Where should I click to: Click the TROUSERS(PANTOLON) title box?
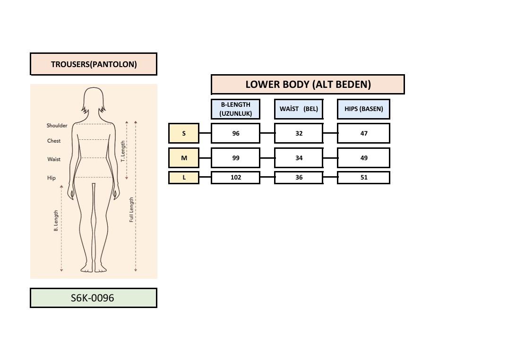pos(94,64)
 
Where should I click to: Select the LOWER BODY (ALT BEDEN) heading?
pos(308,85)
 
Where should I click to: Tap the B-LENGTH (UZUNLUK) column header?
pos(235,109)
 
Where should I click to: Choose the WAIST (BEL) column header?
pos(299,109)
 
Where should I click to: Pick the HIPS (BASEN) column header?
pos(363,109)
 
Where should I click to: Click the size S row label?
pos(184,133)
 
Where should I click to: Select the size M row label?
pos(184,158)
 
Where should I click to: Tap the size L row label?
pos(184,178)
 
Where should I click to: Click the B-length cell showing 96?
pos(235,133)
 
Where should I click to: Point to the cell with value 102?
pos(235,178)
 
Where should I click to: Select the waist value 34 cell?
pos(299,158)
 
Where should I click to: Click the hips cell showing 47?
pos(363,133)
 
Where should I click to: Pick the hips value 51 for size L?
pos(363,178)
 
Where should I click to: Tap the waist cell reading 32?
pos(299,133)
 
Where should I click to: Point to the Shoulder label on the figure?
pos(57,126)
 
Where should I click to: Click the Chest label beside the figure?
pos(54,141)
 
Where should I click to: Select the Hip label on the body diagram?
pos(51,178)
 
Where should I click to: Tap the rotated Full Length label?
pos(131,210)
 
